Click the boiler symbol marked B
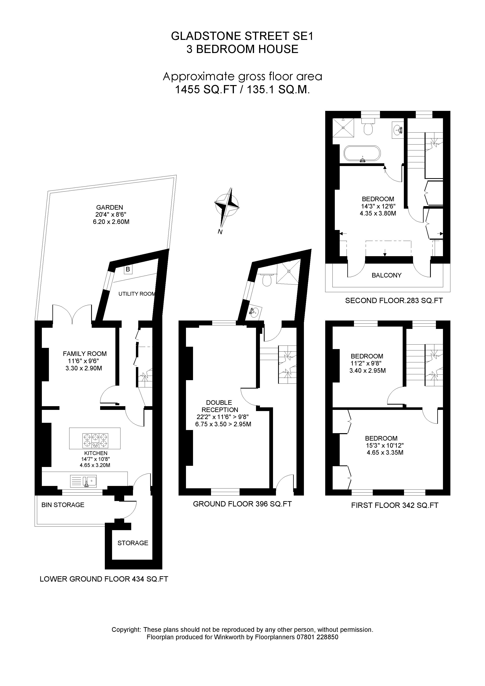point(128,269)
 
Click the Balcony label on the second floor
point(386,275)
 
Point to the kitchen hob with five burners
point(95,440)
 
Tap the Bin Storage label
point(63,505)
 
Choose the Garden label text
point(109,207)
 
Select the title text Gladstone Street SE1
point(242,36)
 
